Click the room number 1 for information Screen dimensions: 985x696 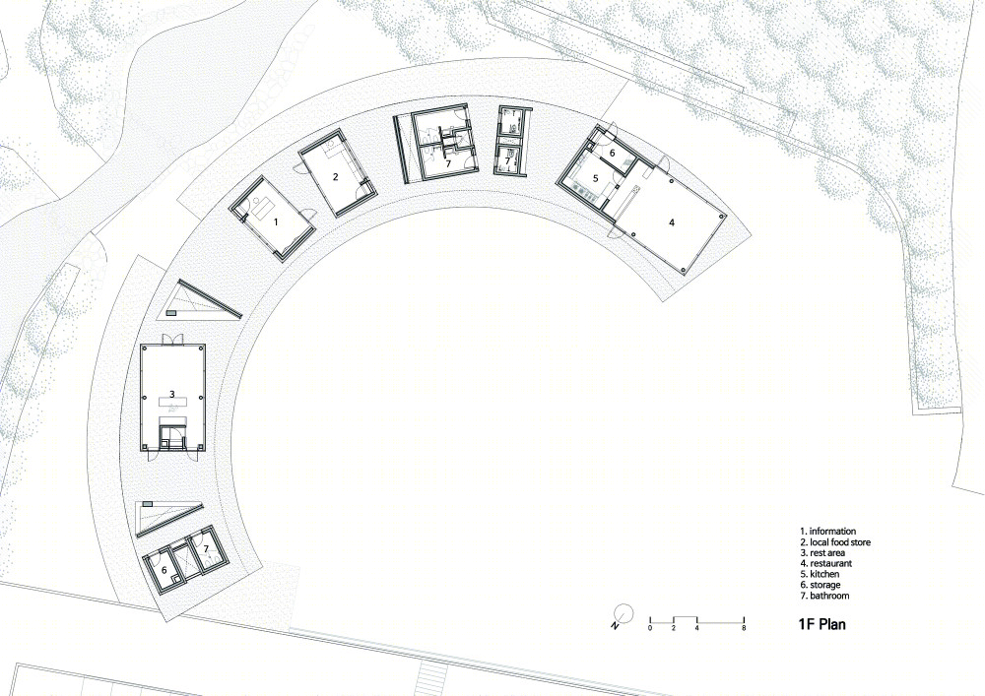(275, 221)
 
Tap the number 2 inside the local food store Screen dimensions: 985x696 (336, 177)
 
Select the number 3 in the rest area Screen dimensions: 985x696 (171, 394)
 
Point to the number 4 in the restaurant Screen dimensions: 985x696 (672, 222)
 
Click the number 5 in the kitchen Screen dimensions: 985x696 (596, 178)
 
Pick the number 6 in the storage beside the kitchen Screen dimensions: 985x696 (613, 153)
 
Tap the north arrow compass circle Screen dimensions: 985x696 (624, 612)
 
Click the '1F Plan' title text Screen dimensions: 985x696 (821, 624)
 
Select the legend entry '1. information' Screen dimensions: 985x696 (828, 531)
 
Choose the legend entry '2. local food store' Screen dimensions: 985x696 (835, 541)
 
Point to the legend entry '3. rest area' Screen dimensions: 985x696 (822, 553)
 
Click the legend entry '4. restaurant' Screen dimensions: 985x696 (826, 563)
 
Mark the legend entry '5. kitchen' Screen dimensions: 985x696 (820, 574)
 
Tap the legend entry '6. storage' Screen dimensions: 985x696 (821, 585)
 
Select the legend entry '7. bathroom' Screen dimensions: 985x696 (824, 596)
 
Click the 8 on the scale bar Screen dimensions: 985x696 (745, 628)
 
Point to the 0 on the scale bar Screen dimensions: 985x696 (650, 628)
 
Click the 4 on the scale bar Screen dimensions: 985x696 (697, 628)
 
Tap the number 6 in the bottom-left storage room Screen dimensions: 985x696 (164, 570)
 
